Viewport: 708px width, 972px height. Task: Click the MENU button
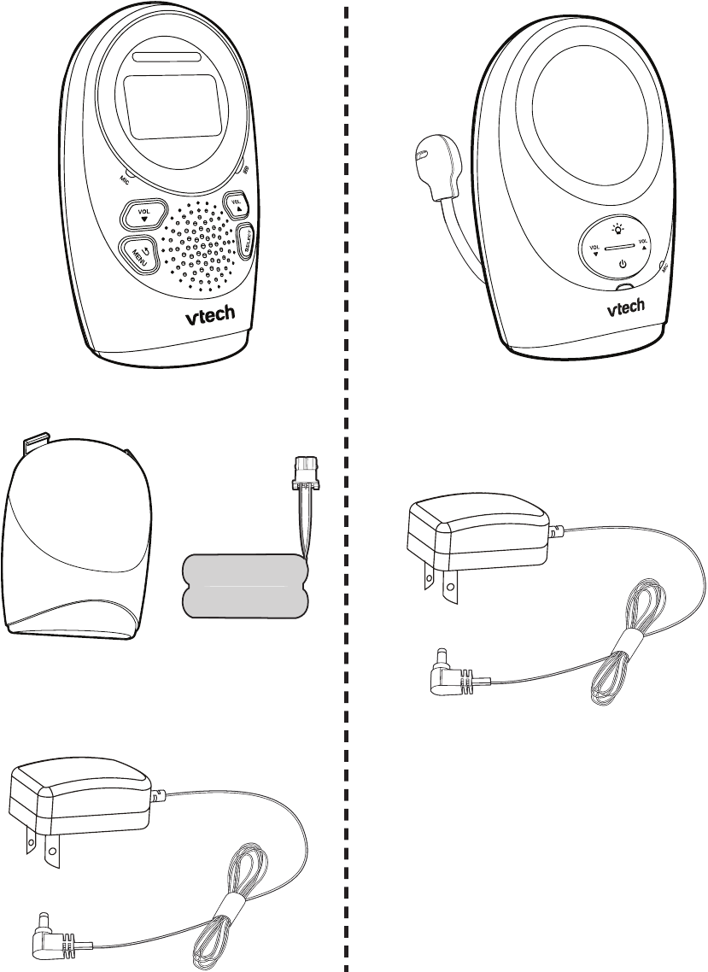coord(139,254)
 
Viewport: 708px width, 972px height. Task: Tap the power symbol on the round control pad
coord(623,265)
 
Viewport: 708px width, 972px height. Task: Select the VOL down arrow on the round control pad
coord(595,250)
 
